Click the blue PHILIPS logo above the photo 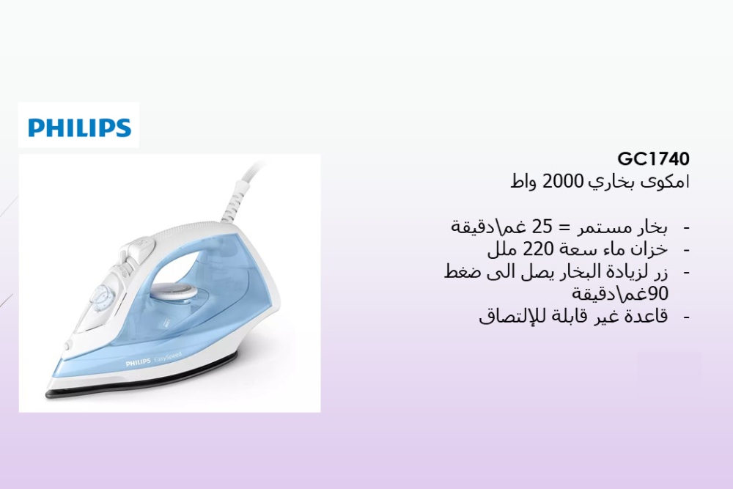[x=79, y=127]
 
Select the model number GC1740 [x=654, y=159]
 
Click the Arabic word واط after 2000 [x=526, y=181]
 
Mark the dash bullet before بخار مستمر [x=686, y=226]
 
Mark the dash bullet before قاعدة [x=686, y=317]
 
